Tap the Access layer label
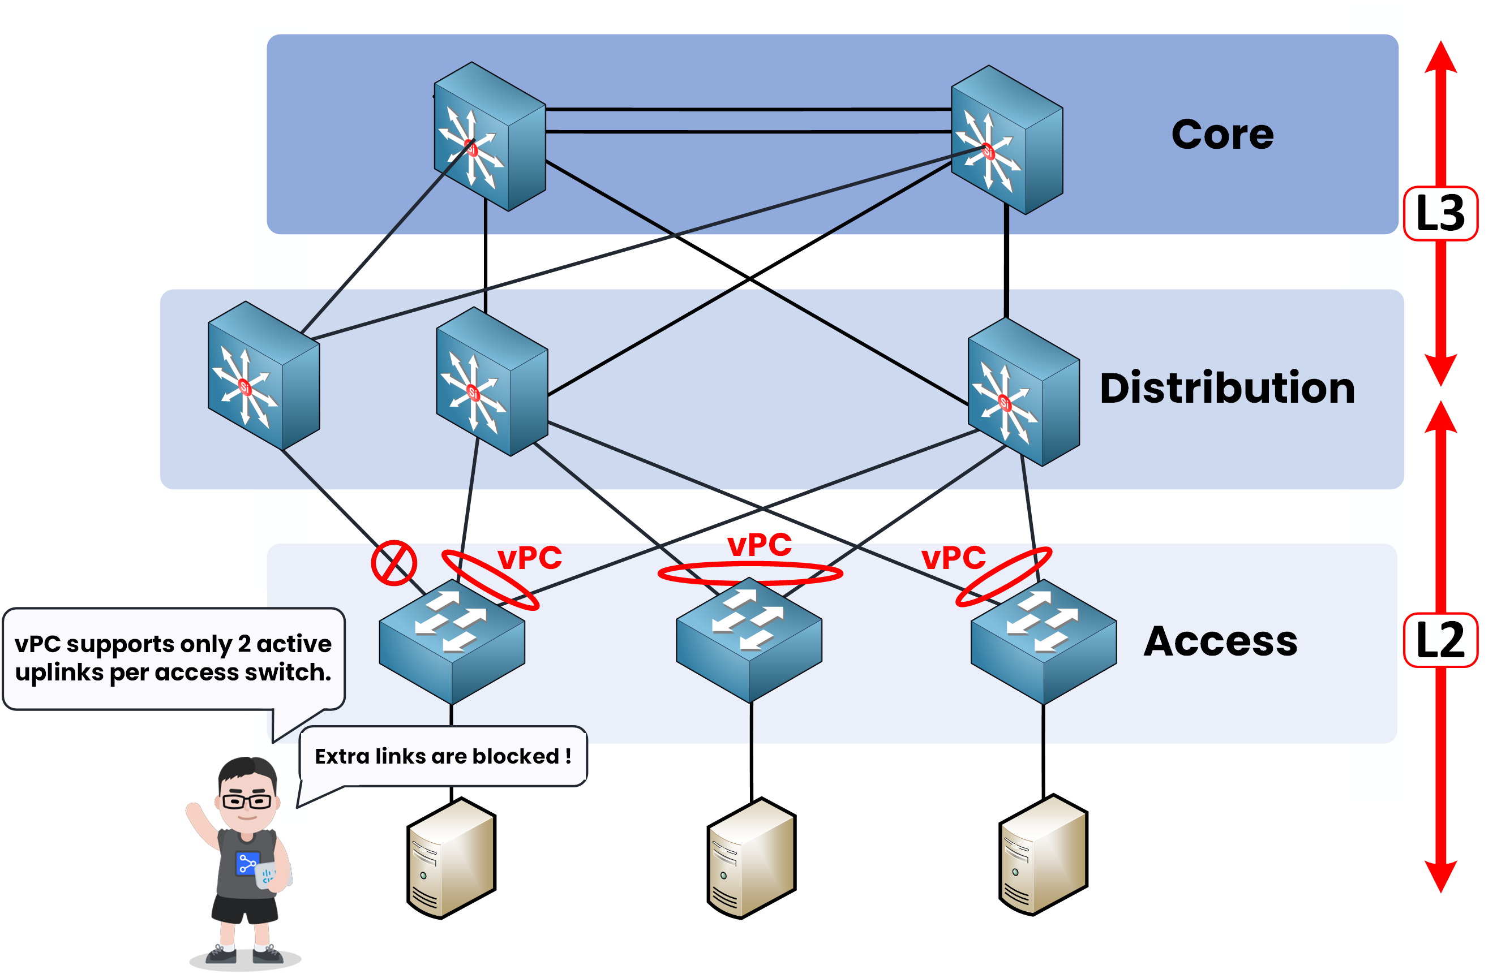click(x=1220, y=641)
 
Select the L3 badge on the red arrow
click(x=1440, y=213)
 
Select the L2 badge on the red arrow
click(x=1440, y=640)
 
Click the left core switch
click(x=490, y=136)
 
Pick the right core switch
click(x=1006, y=140)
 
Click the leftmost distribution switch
click(x=264, y=376)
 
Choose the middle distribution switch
click(x=491, y=382)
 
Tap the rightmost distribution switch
click(x=1023, y=392)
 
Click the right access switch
click(x=1043, y=641)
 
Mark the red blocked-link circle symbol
click(x=394, y=563)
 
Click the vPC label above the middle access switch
click(x=759, y=545)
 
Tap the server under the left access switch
click(x=451, y=857)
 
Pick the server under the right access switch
click(x=1043, y=855)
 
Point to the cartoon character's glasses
click(x=247, y=801)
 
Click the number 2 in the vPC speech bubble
click(x=244, y=644)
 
